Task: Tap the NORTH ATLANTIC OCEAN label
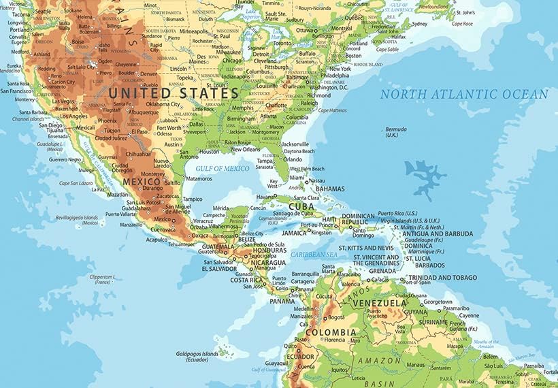tap(463, 95)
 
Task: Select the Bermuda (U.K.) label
tap(395, 131)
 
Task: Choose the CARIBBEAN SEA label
tap(314, 254)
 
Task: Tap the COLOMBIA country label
tap(331, 332)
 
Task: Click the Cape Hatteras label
tap(333, 110)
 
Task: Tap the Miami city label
tap(297, 176)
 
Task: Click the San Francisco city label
tap(20, 91)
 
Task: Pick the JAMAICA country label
tap(295, 233)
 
